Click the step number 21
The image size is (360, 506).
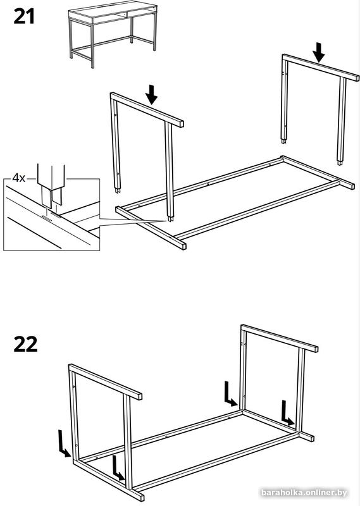tap(24, 17)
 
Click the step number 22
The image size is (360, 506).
tap(25, 344)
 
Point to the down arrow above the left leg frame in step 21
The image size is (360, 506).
tap(151, 95)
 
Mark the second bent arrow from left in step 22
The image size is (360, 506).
tap(118, 469)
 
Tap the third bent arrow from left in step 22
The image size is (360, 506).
tap(230, 395)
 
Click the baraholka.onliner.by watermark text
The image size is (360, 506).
tap(314, 492)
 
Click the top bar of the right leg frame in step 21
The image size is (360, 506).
tap(320, 68)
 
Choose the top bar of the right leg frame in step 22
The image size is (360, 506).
tap(279, 338)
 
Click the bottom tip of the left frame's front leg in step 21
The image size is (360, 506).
tap(170, 220)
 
